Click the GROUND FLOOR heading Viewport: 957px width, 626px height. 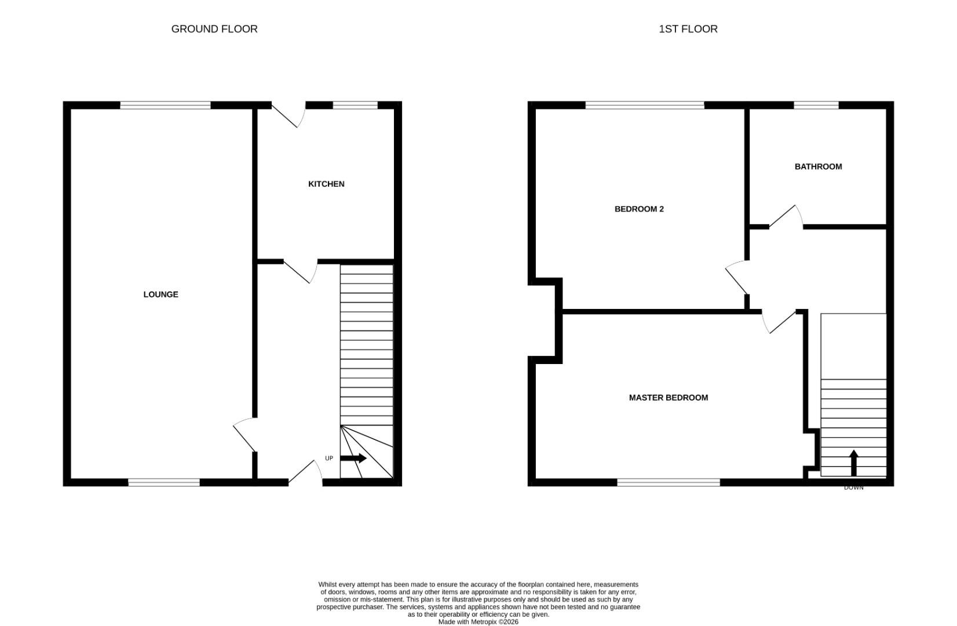(x=214, y=29)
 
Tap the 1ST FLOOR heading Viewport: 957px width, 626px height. (x=688, y=29)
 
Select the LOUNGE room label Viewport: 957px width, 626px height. (x=160, y=294)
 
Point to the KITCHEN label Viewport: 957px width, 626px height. (x=326, y=184)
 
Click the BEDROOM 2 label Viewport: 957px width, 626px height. (x=639, y=209)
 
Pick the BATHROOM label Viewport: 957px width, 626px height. (x=818, y=167)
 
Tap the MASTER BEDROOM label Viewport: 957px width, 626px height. (x=669, y=398)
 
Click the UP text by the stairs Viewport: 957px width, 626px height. (x=329, y=458)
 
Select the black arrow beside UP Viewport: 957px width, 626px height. (x=353, y=458)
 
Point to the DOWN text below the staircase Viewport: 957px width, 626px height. (x=854, y=487)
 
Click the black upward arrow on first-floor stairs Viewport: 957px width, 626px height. (x=854, y=463)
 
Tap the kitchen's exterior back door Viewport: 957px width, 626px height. (x=289, y=115)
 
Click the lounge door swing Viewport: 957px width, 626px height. (x=245, y=435)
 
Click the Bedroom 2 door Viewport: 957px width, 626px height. (x=737, y=278)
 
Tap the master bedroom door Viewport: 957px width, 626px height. (x=779, y=322)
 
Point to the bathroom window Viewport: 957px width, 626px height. (x=816, y=105)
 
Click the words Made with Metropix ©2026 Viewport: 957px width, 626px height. (x=478, y=622)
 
